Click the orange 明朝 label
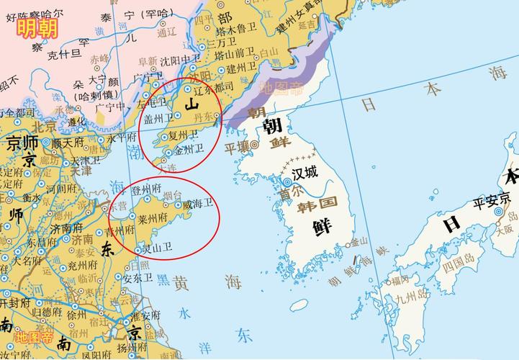(x=37, y=30)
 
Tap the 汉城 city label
(x=304, y=174)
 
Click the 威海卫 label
(x=197, y=204)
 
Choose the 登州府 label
(x=145, y=189)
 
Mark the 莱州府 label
(x=153, y=217)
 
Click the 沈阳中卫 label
(x=179, y=60)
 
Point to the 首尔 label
(x=291, y=194)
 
